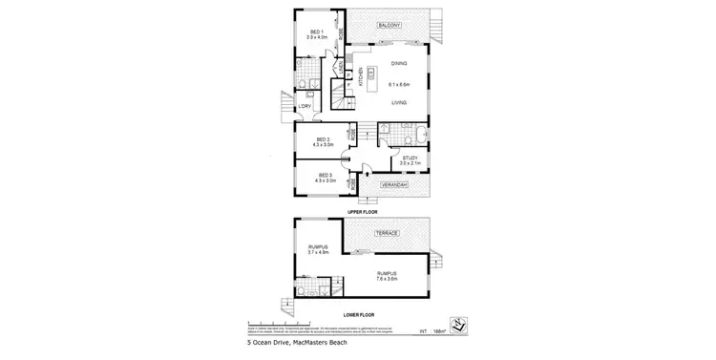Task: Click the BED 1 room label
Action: pyautogui.click(x=316, y=32)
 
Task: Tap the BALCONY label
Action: pyautogui.click(x=388, y=24)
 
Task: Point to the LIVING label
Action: pyautogui.click(x=399, y=102)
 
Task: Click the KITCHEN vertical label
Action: pyautogui.click(x=360, y=81)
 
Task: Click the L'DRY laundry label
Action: pyautogui.click(x=305, y=107)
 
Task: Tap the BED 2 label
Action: pyautogui.click(x=324, y=139)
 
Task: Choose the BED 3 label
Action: pyautogui.click(x=324, y=176)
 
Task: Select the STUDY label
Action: pyautogui.click(x=411, y=159)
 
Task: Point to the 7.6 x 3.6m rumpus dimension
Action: pyautogui.click(x=386, y=279)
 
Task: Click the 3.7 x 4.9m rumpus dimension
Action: pyautogui.click(x=318, y=252)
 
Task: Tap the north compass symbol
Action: pyautogui.click(x=458, y=325)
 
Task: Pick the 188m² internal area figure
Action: pyautogui.click(x=438, y=331)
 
